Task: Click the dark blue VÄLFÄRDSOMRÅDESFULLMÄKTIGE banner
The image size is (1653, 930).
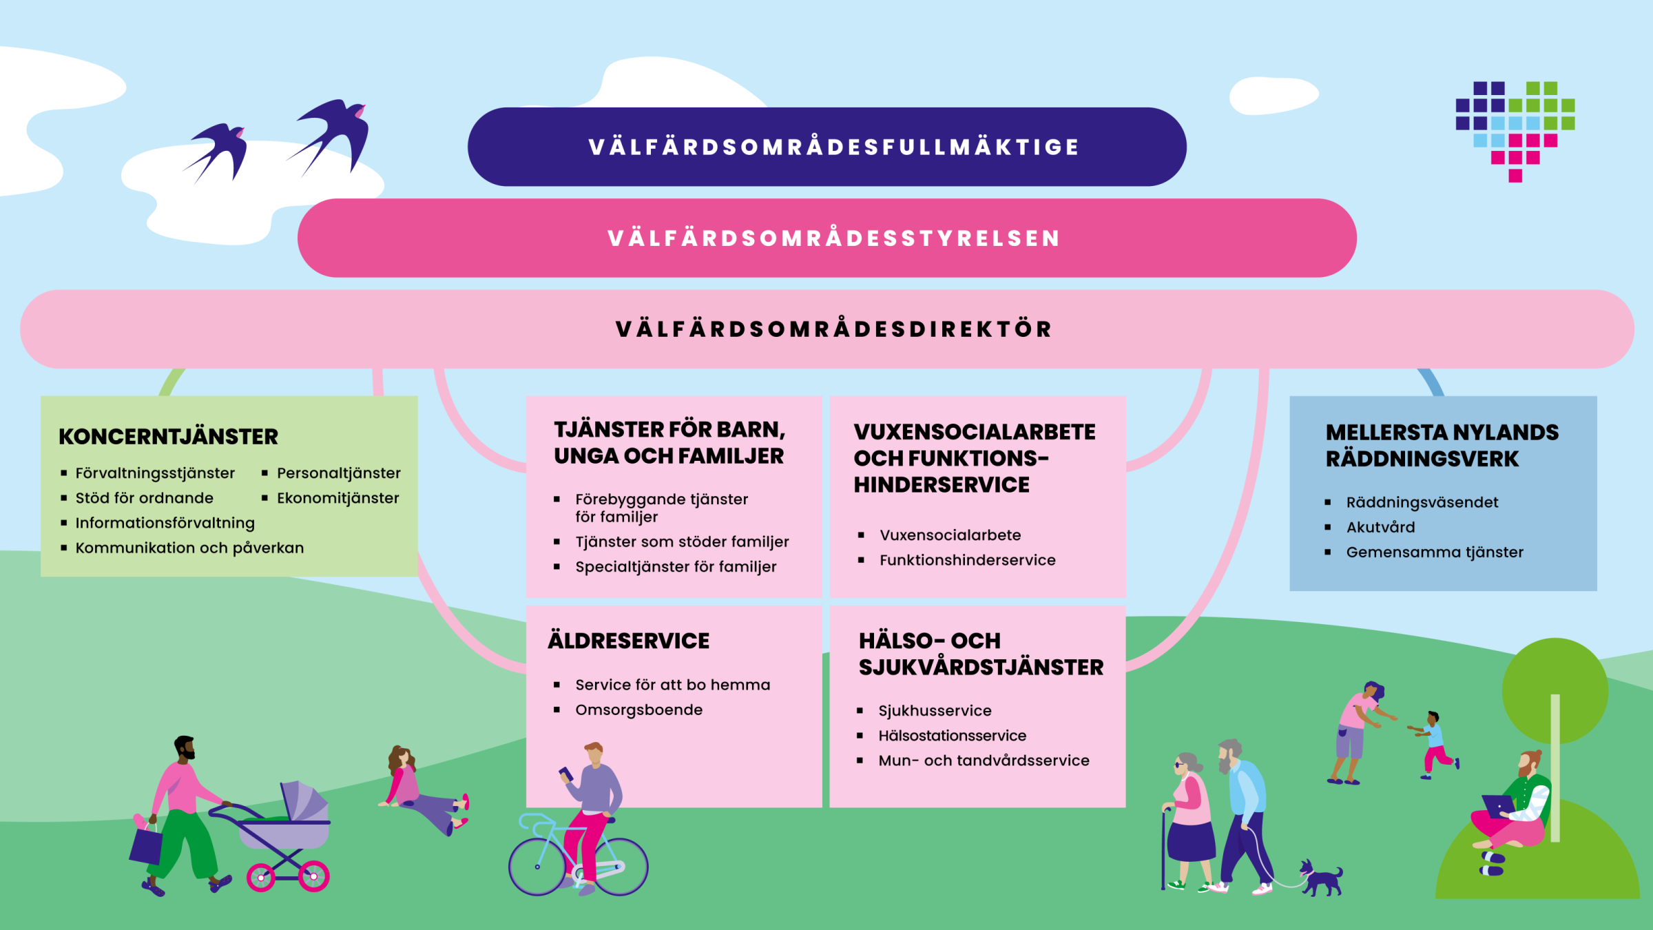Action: click(x=826, y=147)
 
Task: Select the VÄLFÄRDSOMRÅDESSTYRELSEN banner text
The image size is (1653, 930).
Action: click(x=833, y=238)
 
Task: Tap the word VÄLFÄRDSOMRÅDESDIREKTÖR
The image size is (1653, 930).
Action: click(x=833, y=329)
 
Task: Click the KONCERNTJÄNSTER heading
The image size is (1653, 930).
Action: click(x=169, y=437)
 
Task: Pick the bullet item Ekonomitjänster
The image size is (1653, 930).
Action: click(x=337, y=498)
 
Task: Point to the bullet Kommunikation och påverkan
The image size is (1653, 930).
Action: click(x=189, y=548)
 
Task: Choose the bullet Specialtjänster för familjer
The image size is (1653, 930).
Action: click(x=676, y=567)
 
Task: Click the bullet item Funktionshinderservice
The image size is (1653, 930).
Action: click(x=967, y=560)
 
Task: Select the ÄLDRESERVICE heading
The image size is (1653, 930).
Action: click(x=628, y=641)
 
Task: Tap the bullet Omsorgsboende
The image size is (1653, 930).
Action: click(x=638, y=710)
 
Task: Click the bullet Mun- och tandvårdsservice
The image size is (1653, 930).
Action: click(x=984, y=761)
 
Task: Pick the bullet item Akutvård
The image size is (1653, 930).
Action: click(x=1380, y=528)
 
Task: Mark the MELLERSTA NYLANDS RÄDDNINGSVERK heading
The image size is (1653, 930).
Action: click(x=1441, y=446)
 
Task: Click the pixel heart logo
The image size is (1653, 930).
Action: click(x=1515, y=131)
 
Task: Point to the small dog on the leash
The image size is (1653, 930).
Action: click(x=1321, y=879)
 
